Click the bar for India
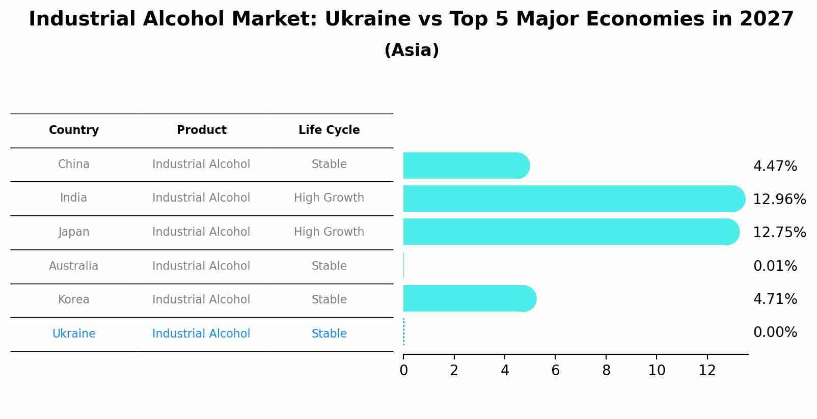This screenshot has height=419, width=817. click(x=574, y=199)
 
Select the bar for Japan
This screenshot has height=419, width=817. click(x=570, y=232)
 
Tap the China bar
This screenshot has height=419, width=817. click(x=466, y=165)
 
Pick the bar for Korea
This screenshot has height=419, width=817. click(x=469, y=298)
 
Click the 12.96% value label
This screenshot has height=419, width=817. click(x=779, y=199)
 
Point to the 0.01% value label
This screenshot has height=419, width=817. click(x=775, y=266)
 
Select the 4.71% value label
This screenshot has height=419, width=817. click(x=775, y=299)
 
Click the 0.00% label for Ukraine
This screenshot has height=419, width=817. click(x=775, y=332)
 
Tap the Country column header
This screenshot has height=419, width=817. click(x=74, y=130)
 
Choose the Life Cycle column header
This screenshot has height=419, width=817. click(x=329, y=130)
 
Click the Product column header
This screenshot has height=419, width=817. click(x=201, y=130)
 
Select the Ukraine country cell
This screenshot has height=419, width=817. click(x=74, y=333)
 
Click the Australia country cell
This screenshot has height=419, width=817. click(x=74, y=266)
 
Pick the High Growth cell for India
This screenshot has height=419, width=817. click(x=329, y=198)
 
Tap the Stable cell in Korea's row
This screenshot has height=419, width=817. click(x=329, y=299)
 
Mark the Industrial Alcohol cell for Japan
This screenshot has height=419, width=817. click(x=201, y=232)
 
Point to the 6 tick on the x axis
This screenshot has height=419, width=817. click(x=555, y=370)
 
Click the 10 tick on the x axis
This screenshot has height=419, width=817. click(x=657, y=370)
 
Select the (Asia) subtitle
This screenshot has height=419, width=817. click(x=412, y=50)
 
